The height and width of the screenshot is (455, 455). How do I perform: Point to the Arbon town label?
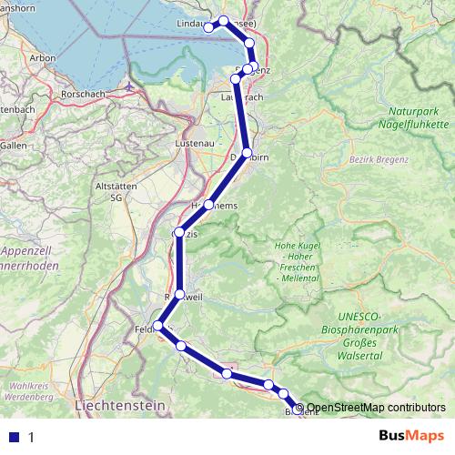(43, 56)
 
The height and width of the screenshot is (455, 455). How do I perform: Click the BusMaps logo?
(418, 437)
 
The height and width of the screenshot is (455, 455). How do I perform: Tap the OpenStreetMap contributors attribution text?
(376, 408)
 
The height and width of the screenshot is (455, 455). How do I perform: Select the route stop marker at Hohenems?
(209, 205)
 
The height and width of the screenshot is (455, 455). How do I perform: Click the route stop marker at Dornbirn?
(247, 153)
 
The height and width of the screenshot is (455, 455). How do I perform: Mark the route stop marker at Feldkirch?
(159, 326)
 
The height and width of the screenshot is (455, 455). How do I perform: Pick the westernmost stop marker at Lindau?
(208, 28)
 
